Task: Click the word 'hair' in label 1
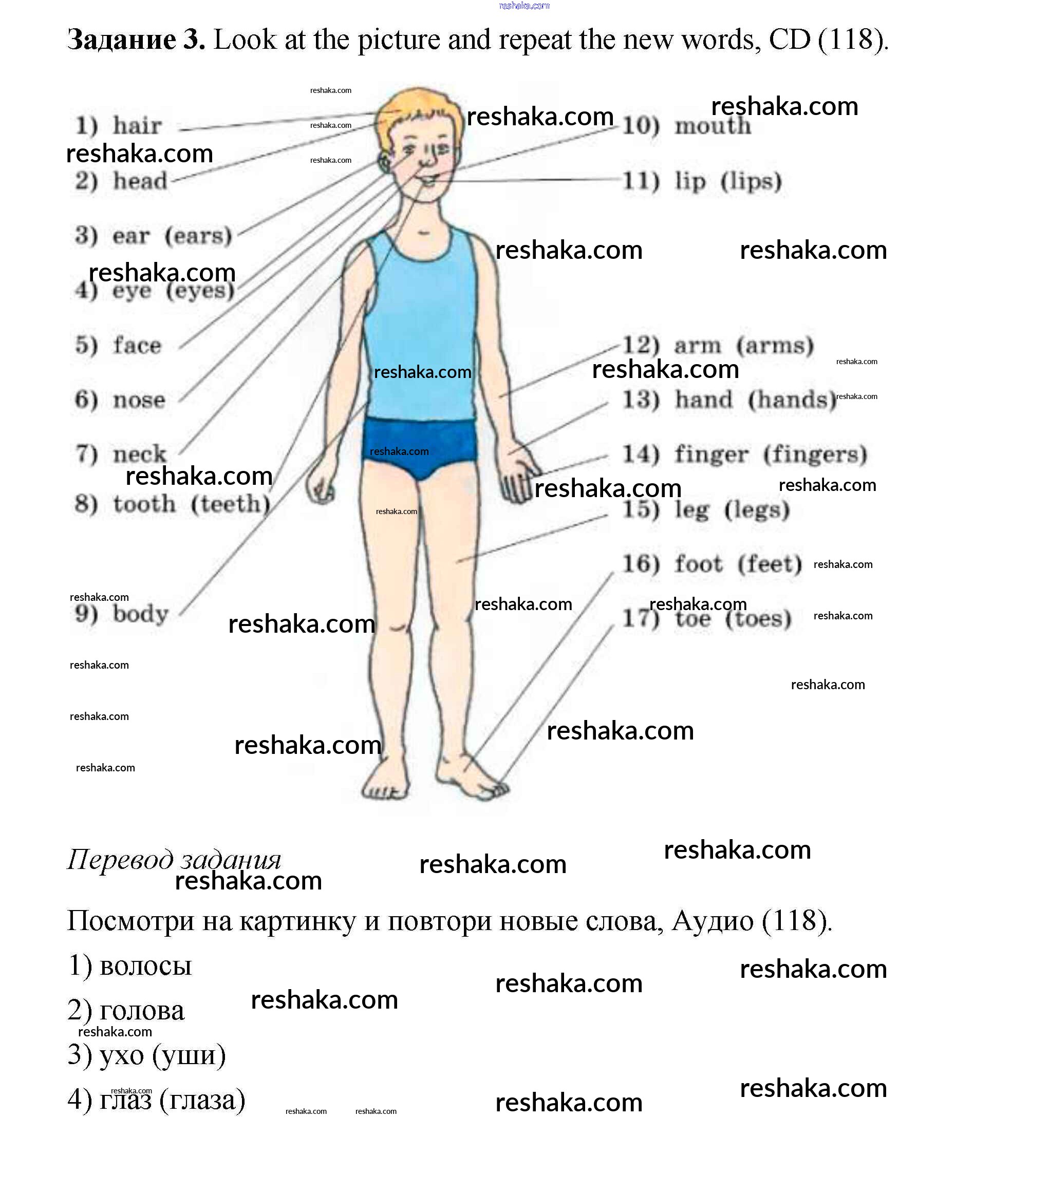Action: [137, 126]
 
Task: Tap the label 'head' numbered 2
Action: [140, 181]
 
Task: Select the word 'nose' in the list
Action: [139, 401]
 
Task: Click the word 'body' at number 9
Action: [141, 614]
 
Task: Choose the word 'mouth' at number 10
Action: [713, 126]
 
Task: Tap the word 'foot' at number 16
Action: [698, 564]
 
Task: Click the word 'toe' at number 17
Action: [693, 619]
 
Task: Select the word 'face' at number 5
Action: [137, 346]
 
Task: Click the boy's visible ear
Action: [385, 161]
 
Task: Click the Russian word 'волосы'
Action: [145, 966]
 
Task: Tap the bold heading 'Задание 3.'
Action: [136, 40]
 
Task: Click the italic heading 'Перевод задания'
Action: [174, 860]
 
